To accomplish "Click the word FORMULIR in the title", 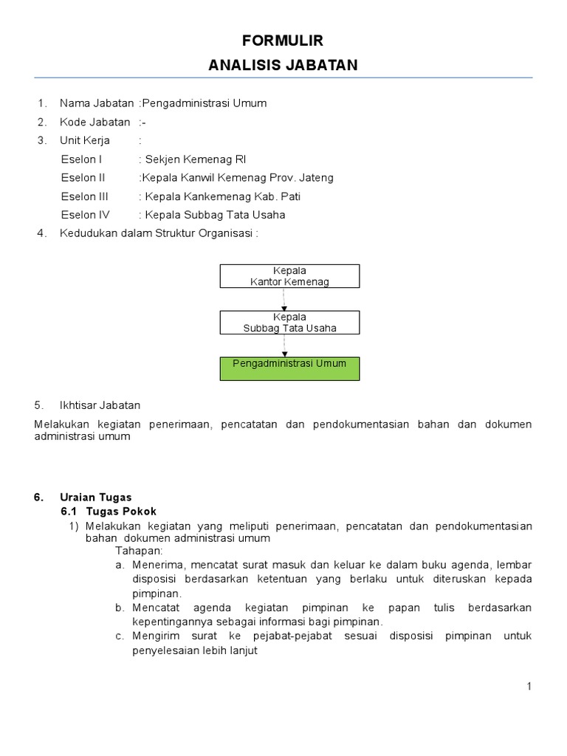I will tap(283, 41).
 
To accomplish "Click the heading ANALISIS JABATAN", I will tap(283, 66).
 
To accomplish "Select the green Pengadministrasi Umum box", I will tap(289, 368).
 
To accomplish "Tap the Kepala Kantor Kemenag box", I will tap(289, 276).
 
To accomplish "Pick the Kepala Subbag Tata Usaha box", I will tap(289, 323).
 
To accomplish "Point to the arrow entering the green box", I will tap(284, 353).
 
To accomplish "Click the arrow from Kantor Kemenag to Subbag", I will tap(284, 306).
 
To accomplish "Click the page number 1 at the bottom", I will tap(529, 687).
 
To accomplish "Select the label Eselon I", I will tap(81, 159).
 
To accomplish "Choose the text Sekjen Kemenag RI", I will tap(196, 159).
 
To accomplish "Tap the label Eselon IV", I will tap(85, 215).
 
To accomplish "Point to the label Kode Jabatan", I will tap(94, 122).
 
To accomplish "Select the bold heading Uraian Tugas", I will tap(95, 497).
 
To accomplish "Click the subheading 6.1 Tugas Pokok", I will tap(109, 511).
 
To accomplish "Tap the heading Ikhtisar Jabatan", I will tap(100, 405).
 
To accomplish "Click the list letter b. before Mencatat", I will tap(119, 608).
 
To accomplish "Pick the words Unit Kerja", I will tap(85, 140).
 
